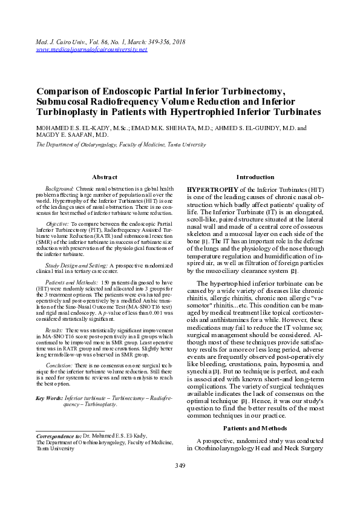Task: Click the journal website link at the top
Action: tap(92, 49)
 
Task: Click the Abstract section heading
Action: tap(104, 177)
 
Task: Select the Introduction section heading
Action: tap(255, 177)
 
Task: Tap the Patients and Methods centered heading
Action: tap(255, 428)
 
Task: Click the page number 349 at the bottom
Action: tap(180, 465)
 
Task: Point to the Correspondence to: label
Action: tap(59, 436)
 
